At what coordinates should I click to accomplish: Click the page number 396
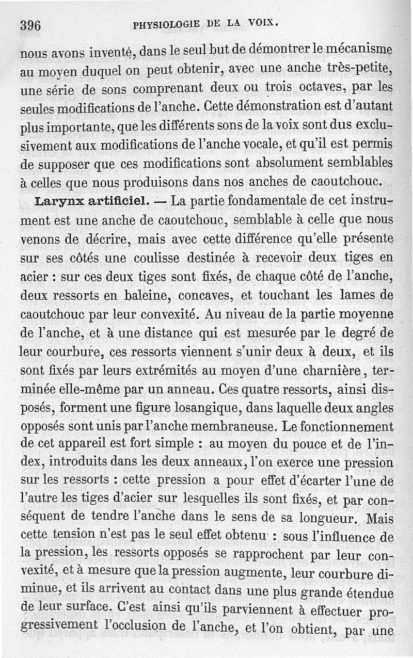(x=30, y=25)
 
